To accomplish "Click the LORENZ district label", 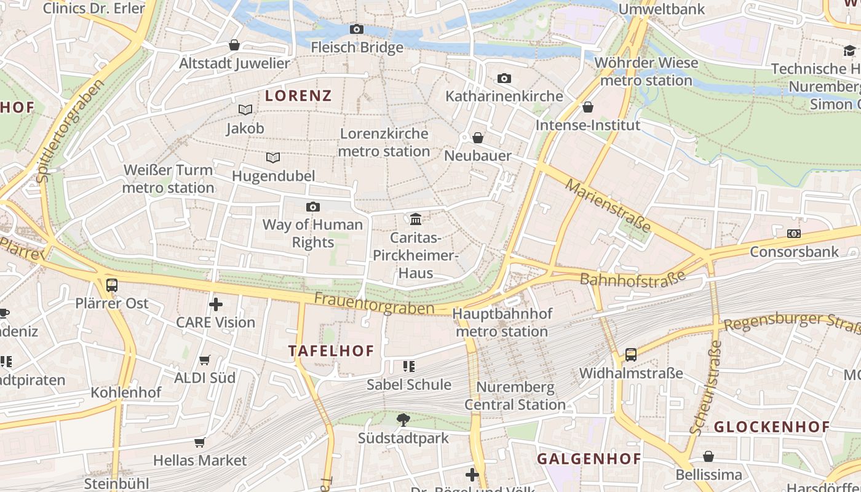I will click(x=298, y=95).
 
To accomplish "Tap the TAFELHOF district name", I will click(x=331, y=351).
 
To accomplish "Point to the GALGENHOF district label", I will click(x=589, y=458).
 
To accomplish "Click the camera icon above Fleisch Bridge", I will click(x=357, y=29).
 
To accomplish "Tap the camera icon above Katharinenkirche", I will click(x=504, y=78).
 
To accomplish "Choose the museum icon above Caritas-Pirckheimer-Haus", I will click(x=416, y=219).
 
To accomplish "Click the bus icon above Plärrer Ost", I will click(x=111, y=285).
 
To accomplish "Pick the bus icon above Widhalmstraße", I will click(x=631, y=355).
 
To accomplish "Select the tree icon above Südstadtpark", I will click(x=403, y=420).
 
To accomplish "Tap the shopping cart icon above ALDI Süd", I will click(x=205, y=360).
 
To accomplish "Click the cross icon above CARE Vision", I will click(x=216, y=304).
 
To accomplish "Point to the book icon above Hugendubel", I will click(x=273, y=157).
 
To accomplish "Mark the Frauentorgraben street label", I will click(x=374, y=304).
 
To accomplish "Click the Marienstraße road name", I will click(x=608, y=205).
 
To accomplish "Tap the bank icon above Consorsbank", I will click(x=794, y=234).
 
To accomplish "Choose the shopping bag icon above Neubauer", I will click(x=478, y=138).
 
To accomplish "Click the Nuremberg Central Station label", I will click(x=515, y=396).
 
